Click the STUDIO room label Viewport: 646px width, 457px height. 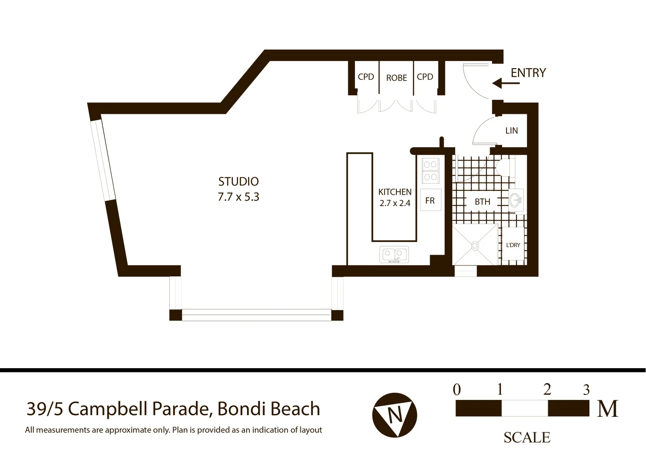point(238,182)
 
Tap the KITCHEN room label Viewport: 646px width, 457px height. point(395,192)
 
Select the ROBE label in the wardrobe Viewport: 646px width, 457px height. point(396,78)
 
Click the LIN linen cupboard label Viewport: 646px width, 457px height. point(511,131)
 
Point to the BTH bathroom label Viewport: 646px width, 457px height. point(482,202)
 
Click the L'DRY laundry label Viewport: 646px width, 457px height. point(513,245)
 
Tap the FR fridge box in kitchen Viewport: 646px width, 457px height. point(430,201)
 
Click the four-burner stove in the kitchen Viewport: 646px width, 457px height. point(431,170)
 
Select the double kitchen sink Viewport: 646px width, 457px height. point(394,254)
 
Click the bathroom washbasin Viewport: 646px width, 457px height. point(515,200)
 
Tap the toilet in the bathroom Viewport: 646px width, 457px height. point(504,167)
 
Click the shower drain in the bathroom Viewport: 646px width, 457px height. point(475,245)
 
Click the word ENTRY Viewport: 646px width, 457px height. point(528,73)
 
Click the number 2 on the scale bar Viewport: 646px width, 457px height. point(547,389)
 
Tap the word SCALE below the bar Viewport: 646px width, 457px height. point(527,438)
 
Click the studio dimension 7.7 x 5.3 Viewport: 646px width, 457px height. point(238,197)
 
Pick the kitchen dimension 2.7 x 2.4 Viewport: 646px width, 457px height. point(395,203)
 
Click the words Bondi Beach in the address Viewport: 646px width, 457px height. point(269,409)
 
